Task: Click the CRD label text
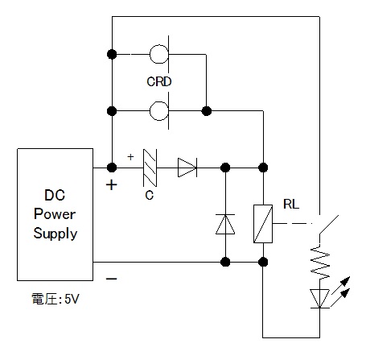point(159,81)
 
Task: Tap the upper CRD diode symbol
point(160,54)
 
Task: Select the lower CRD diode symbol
point(160,110)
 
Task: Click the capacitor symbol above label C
point(150,168)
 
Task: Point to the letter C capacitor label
point(150,196)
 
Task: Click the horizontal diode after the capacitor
point(187,168)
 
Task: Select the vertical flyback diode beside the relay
point(225,224)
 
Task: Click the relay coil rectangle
point(263,224)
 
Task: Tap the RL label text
point(291,205)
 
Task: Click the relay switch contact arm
point(329,225)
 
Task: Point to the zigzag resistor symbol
point(320,263)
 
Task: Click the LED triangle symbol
point(319,299)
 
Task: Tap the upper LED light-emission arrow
point(341,285)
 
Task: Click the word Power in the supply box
point(55,214)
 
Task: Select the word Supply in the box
point(56,234)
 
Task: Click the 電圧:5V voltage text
point(56,299)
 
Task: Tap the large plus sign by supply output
point(112,185)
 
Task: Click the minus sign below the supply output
point(112,279)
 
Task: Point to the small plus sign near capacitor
point(130,157)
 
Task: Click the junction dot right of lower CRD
point(207,110)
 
